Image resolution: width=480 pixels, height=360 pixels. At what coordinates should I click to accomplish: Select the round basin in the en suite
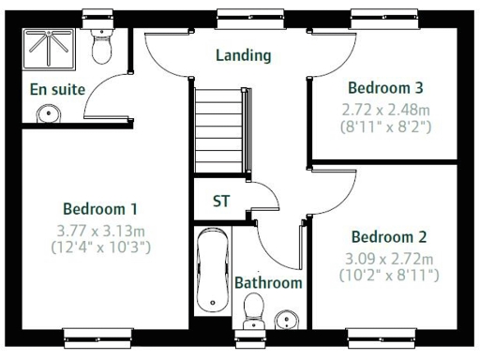[48, 113]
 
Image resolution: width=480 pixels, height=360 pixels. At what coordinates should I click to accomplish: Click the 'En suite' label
[57, 89]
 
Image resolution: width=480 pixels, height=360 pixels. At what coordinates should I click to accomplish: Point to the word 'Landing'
[243, 55]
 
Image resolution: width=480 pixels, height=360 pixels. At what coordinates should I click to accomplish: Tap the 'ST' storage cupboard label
[221, 201]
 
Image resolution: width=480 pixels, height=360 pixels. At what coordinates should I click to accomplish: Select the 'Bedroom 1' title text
[100, 208]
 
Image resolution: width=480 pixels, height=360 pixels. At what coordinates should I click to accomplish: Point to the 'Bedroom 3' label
[386, 87]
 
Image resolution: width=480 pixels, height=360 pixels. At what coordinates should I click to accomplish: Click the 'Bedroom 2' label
[389, 237]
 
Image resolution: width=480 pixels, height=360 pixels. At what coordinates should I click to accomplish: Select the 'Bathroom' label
[268, 282]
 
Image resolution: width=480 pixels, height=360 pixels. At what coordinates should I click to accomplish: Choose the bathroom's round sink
[285, 322]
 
